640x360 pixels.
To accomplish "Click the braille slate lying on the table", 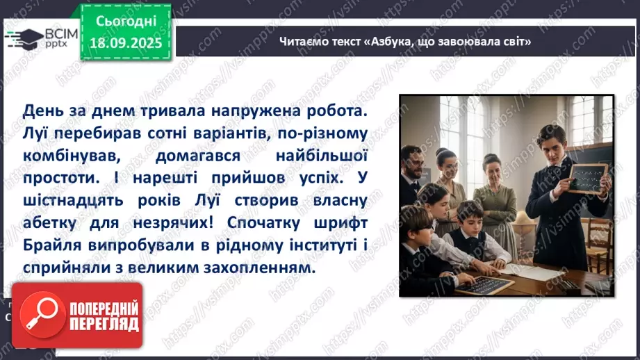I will pyautogui.click(x=483, y=284).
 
